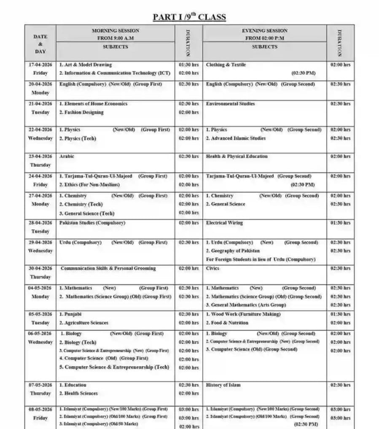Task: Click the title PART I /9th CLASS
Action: tap(189, 17)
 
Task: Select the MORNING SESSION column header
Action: tap(115, 30)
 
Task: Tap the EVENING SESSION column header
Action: tap(264, 30)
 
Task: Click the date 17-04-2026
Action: tap(40, 65)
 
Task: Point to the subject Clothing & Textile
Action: tap(226, 65)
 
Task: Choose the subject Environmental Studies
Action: tap(230, 103)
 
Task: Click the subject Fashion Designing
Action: tap(83, 112)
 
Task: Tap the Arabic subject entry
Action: tap(67, 156)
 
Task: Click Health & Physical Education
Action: tap(237, 156)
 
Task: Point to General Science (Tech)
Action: tap(89, 213)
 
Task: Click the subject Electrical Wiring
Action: tap(224, 223)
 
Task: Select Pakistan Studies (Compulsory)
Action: tap(92, 223)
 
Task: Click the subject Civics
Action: tap(213, 268)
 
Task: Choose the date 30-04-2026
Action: tap(40, 268)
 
